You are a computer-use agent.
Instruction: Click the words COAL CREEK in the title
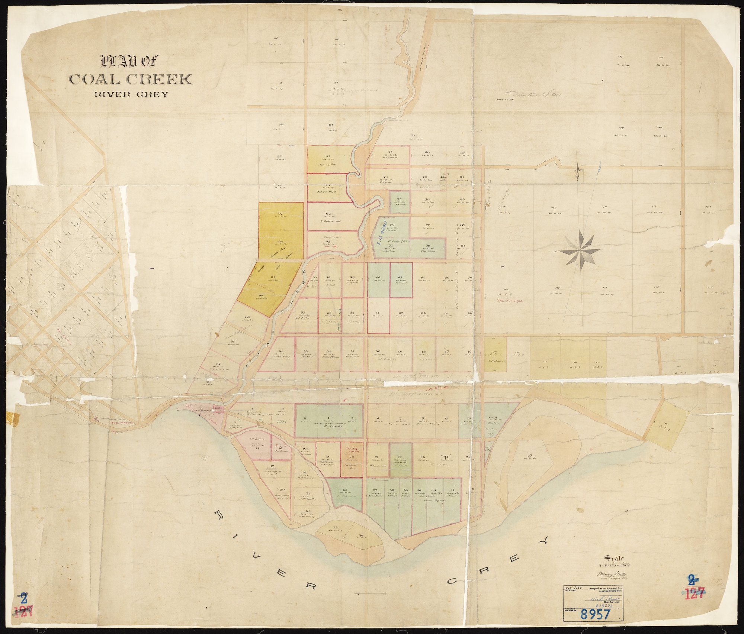tap(130, 79)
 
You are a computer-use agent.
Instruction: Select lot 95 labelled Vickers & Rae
tap(328, 160)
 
